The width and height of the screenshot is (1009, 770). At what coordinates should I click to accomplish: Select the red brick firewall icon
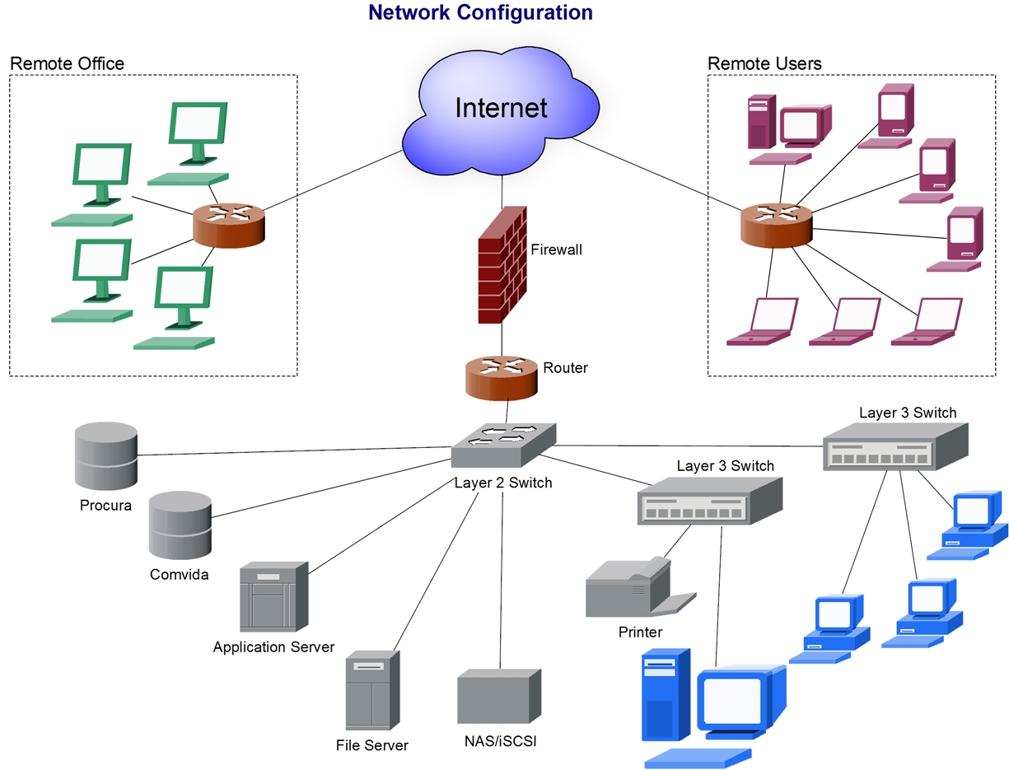click(502, 264)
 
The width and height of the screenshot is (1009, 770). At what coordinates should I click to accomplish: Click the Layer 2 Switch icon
click(503, 446)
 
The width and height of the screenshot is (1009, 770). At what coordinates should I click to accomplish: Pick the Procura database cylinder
click(105, 456)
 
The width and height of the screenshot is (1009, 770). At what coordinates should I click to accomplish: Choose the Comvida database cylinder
click(180, 527)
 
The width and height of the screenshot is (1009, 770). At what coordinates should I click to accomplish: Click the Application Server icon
click(273, 596)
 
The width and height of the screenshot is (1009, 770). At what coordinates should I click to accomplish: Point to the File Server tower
click(372, 690)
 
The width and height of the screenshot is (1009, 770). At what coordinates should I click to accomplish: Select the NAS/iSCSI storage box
click(499, 696)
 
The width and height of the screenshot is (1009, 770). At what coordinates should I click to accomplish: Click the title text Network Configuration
click(480, 12)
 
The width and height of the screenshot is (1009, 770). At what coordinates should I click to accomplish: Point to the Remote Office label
click(67, 63)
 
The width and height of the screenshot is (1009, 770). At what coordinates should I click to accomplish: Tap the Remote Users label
click(764, 63)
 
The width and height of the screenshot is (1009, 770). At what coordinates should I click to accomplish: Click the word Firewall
click(556, 249)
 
